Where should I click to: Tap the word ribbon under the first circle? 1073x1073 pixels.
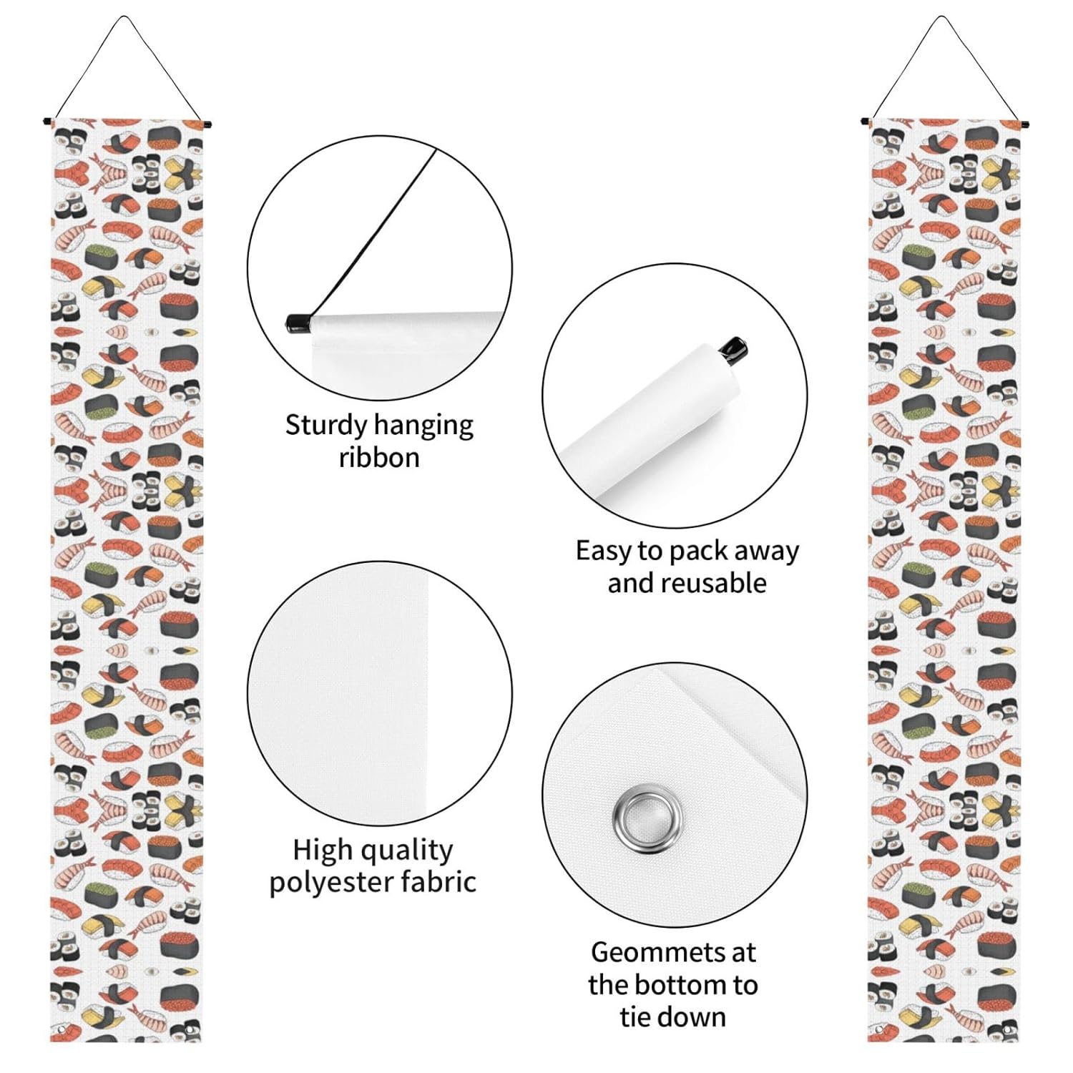379,457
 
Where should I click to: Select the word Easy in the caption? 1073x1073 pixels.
604,551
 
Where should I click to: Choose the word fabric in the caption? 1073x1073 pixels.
438,881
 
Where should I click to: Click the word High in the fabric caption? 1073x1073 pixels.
323,850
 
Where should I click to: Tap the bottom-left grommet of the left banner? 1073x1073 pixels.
62,1029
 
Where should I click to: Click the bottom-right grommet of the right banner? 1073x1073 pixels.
1007,1030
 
